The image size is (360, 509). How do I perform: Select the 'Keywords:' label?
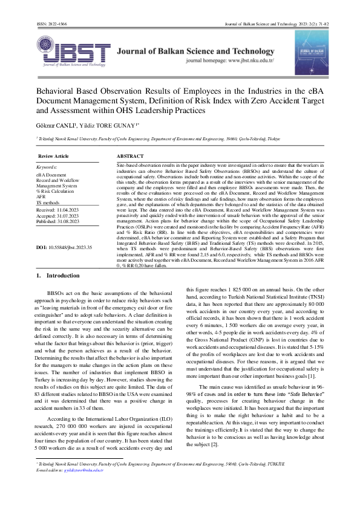point(47,166)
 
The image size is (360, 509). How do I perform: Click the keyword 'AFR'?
point(41,196)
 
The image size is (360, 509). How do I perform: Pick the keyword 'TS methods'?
point(48,202)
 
